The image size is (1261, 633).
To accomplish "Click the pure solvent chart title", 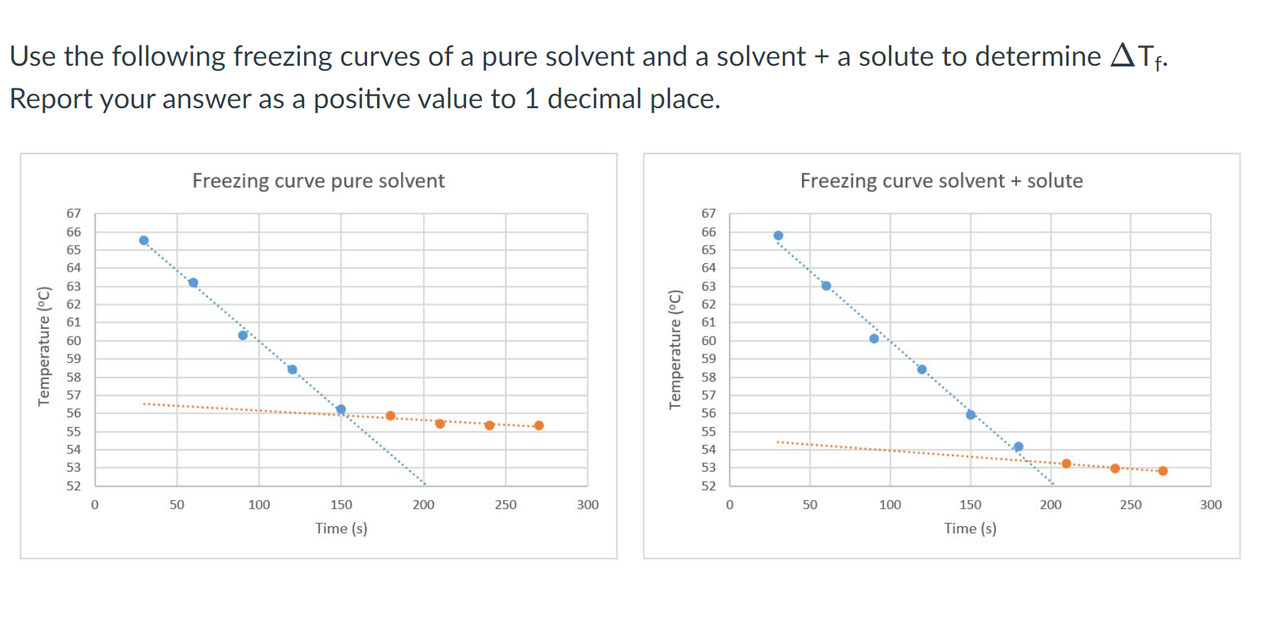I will [318, 181].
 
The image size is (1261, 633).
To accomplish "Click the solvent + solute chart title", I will [941, 181].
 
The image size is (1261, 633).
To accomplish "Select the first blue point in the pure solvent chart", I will [144, 240].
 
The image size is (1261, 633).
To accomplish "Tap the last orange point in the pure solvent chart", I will [539, 426].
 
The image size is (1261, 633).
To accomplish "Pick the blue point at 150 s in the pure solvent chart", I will [341, 410].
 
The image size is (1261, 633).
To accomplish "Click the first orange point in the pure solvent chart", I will [390, 416].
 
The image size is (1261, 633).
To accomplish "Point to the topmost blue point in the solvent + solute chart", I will [778, 236].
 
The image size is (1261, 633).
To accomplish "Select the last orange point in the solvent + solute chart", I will [1163, 471].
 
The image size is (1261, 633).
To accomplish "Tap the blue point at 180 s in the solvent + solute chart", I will [1018, 447].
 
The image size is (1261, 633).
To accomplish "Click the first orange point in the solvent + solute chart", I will [1067, 464].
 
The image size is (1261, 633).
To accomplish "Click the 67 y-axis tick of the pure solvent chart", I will [74, 214].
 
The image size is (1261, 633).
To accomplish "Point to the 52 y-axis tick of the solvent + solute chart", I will [709, 486].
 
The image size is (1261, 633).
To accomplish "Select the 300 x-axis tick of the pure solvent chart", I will [588, 505].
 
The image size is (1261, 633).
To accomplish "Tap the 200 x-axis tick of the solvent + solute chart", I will [1050, 505].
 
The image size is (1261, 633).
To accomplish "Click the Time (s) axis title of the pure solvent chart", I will [341, 528].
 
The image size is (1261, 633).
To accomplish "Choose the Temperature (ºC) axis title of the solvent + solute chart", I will [675, 349].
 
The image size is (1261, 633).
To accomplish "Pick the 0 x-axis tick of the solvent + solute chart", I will [730, 505].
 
